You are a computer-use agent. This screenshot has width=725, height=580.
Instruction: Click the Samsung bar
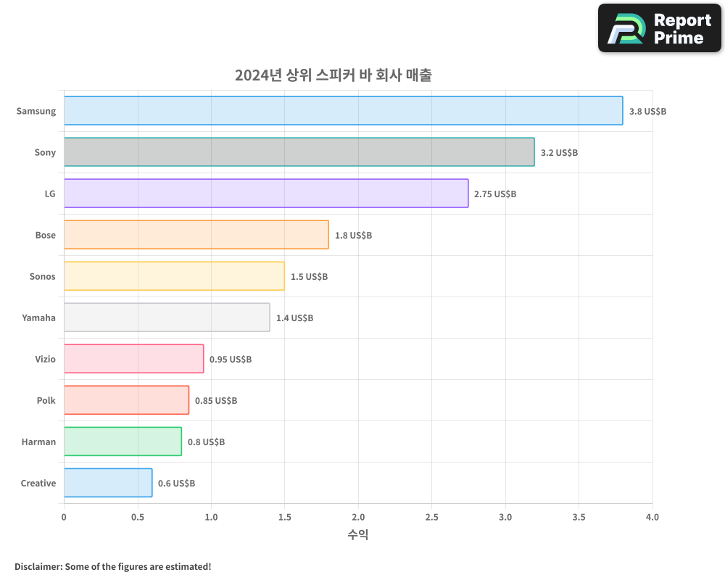(x=343, y=111)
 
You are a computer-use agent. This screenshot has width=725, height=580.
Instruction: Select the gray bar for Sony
(x=299, y=152)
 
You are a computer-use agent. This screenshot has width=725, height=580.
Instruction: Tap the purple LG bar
(x=266, y=194)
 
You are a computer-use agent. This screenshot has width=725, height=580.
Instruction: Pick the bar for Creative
(x=108, y=483)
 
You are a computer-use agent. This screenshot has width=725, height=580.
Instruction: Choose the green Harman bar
(x=123, y=442)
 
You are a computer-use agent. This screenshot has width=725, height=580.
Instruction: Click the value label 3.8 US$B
(x=647, y=112)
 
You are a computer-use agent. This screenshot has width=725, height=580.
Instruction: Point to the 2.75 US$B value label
(x=495, y=194)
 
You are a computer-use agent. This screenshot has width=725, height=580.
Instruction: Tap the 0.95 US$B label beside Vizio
(x=231, y=360)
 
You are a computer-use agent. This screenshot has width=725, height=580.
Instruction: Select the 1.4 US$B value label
(x=294, y=318)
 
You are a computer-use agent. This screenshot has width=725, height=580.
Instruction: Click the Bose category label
(x=45, y=235)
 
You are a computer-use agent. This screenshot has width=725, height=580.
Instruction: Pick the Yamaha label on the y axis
(x=38, y=318)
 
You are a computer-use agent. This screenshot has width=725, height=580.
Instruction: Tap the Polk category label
(x=46, y=400)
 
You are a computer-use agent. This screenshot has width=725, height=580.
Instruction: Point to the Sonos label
(x=42, y=276)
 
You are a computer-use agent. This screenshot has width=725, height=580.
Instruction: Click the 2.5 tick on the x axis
(x=431, y=517)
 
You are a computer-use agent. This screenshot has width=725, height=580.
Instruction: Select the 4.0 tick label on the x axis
(x=652, y=517)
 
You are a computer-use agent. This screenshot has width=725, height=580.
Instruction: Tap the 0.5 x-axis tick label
(x=137, y=517)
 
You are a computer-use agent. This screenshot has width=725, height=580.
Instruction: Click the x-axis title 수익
(x=358, y=535)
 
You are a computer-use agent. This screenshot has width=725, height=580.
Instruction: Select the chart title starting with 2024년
(x=333, y=75)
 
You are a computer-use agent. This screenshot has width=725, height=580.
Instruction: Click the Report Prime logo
(x=660, y=28)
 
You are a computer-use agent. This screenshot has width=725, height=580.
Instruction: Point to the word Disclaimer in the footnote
(x=37, y=566)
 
